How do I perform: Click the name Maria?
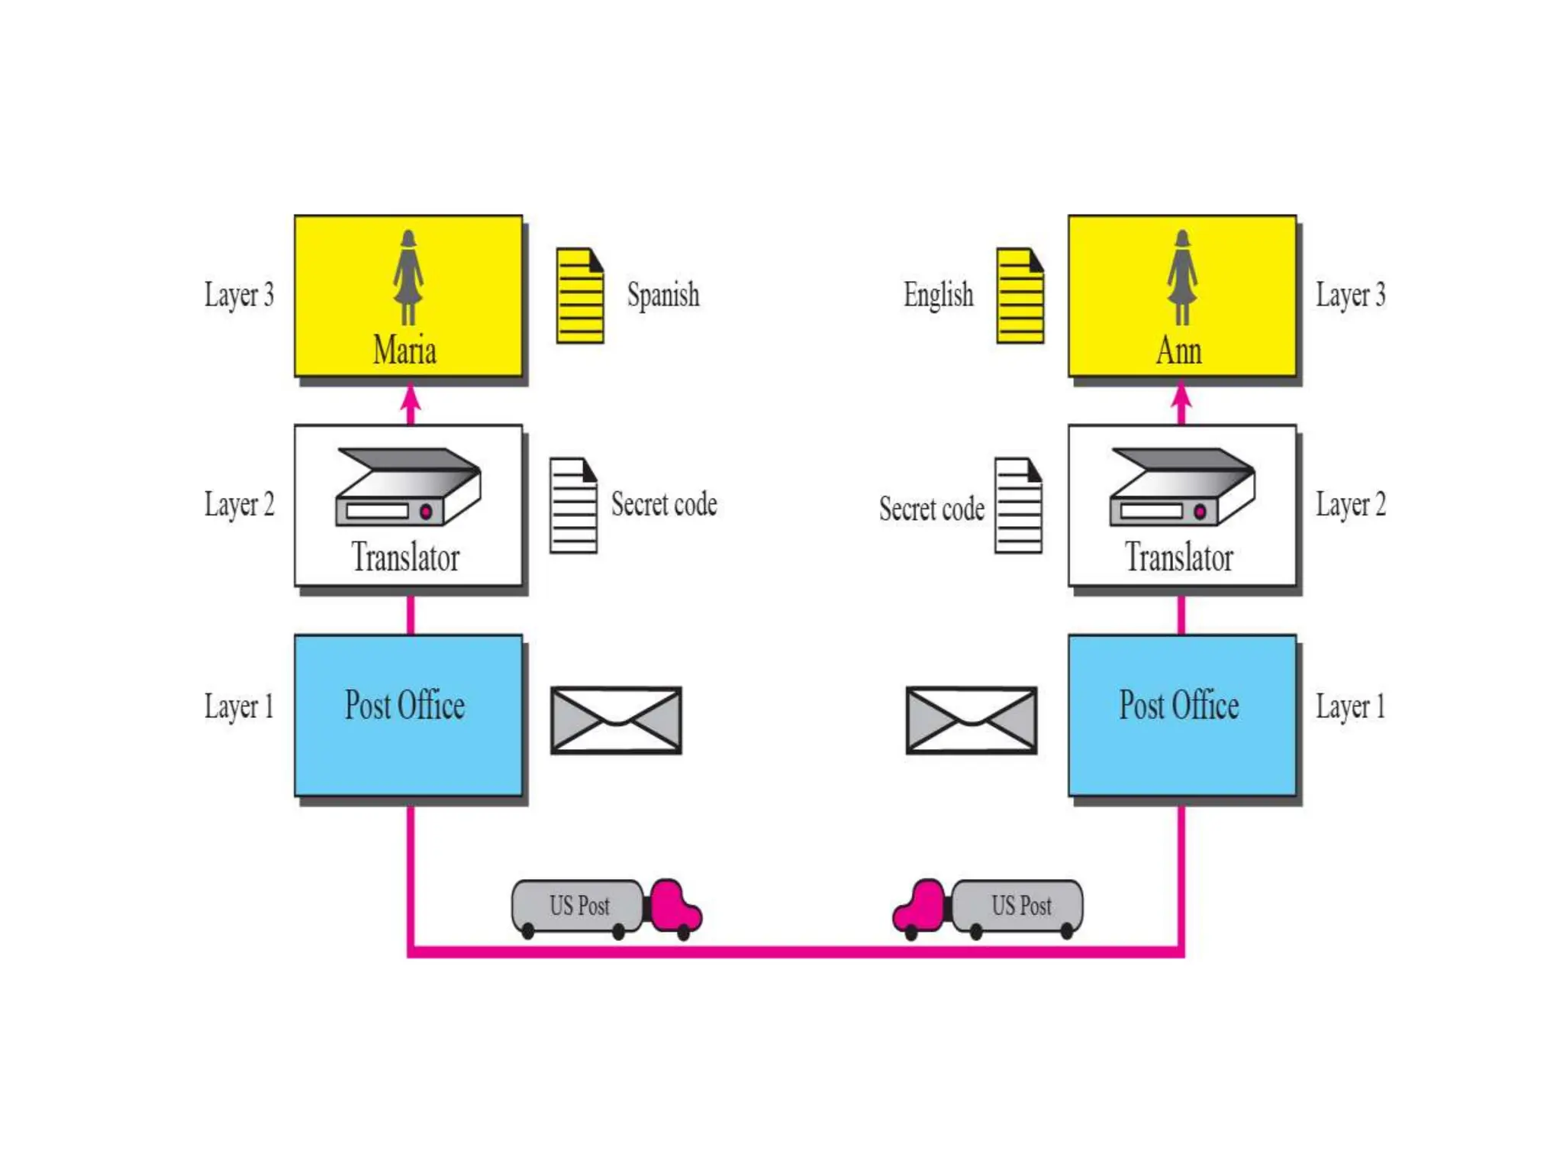tap(404, 351)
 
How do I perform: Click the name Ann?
tap(1178, 351)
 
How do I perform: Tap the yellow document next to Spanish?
tap(580, 296)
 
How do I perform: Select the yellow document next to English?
tap(1020, 296)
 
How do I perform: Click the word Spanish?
tap(662, 295)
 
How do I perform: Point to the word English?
tap(938, 295)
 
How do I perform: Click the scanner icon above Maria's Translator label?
tap(408, 486)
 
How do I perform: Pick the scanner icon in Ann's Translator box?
tap(1182, 486)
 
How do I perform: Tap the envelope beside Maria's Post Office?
tap(616, 720)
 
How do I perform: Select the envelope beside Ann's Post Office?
tap(971, 720)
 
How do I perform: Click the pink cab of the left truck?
tap(673, 907)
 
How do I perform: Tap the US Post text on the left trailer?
tap(579, 906)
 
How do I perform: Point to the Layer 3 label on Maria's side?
tap(239, 295)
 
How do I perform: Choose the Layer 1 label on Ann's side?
tap(1349, 706)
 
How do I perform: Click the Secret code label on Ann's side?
tap(931, 509)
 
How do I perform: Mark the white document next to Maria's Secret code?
tap(573, 506)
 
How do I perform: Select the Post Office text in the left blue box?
tap(404, 705)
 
